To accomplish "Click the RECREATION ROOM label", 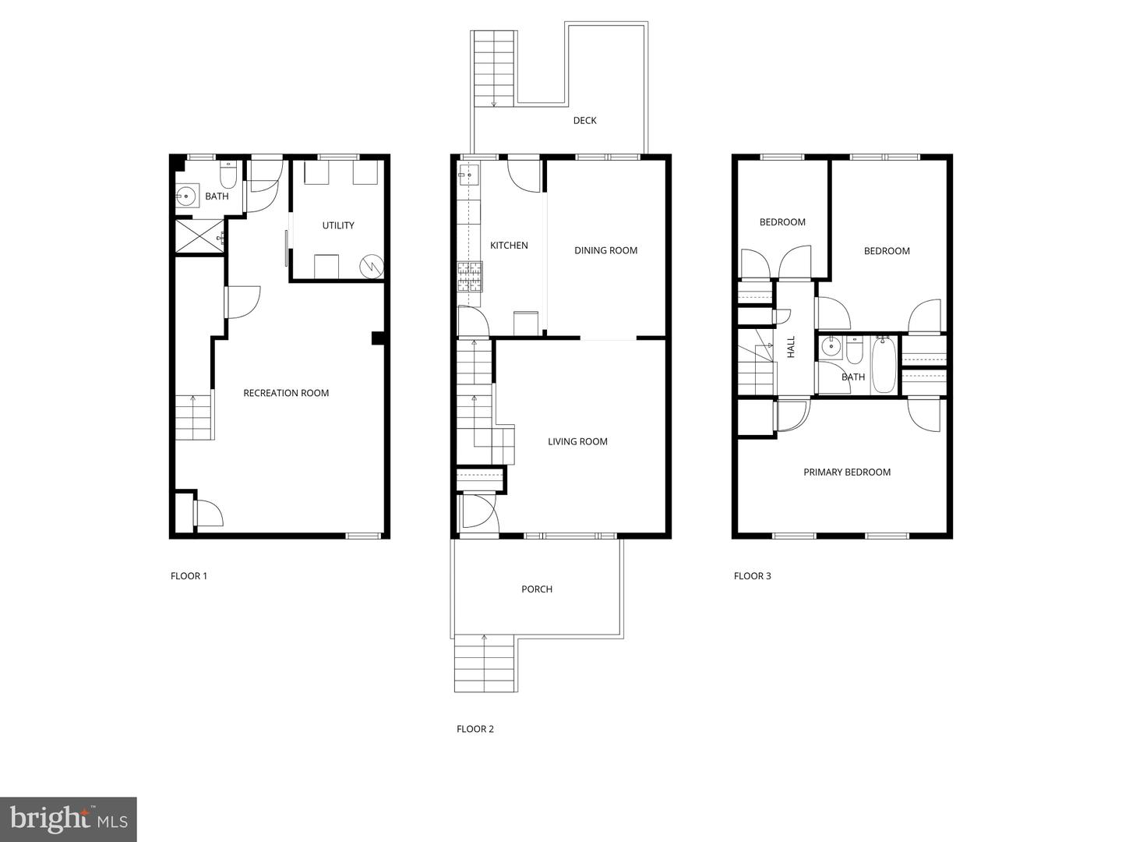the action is [x=286, y=393].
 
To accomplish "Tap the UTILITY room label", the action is [x=338, y=225].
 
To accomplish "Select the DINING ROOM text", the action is [x=605, y=250].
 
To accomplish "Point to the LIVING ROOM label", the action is [x=577, y=442].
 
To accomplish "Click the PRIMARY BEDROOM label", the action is [x=847, y=472].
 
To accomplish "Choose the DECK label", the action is [x=585, y=121].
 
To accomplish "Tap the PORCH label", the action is [x=537, y=589].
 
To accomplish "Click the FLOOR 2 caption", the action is [x=475, y=729].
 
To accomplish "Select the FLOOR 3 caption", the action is [x=753, y=576].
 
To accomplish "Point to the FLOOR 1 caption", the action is [x=189, y=576].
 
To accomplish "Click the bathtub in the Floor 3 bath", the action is [x=884, y=364].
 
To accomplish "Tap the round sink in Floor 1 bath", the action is [x=187, y=195].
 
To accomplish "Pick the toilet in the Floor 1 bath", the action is [x=228, y=175].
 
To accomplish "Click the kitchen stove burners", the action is [x=470, y=277].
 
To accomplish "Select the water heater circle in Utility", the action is [x=372, y=266].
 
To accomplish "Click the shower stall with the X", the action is [x=200, y=235].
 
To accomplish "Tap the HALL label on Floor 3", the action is [x=792, y=347].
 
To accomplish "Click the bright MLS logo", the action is [x=68, y=819].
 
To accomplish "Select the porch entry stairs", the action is [x=484, y=663].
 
